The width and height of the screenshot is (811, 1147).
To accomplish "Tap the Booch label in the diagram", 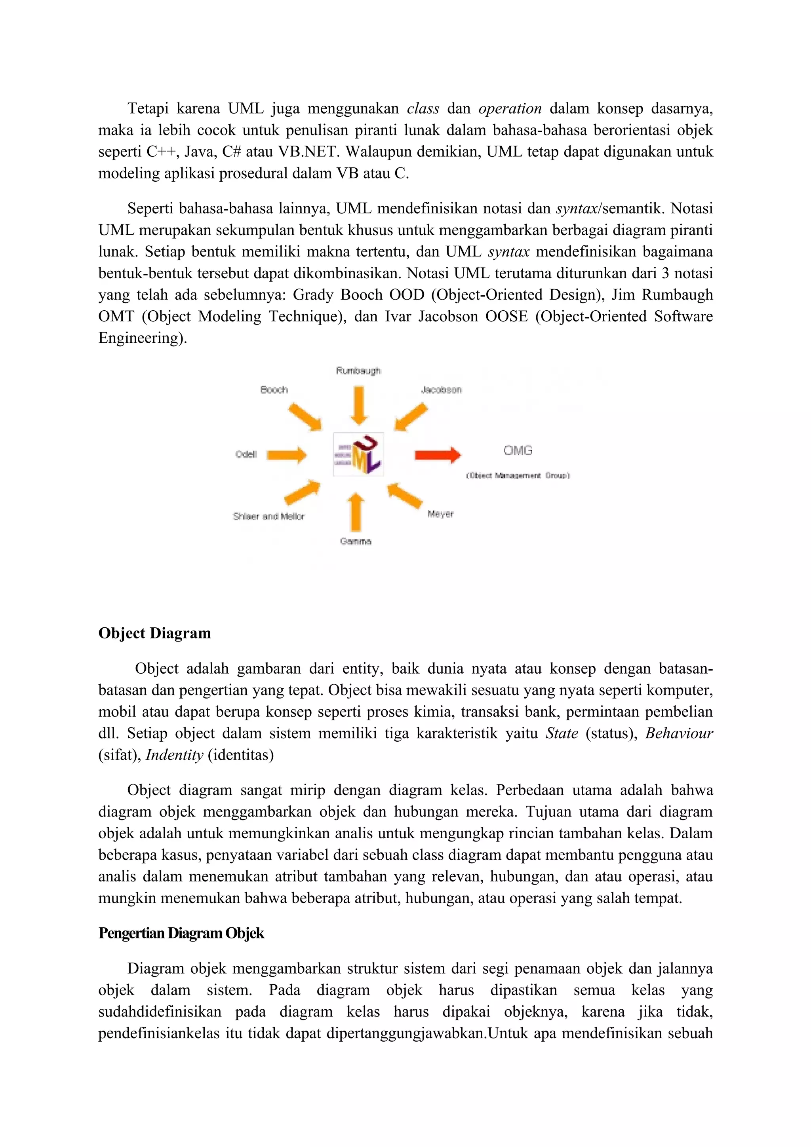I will coord(274,390).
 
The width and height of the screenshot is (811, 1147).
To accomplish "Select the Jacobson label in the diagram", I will coord(441,390).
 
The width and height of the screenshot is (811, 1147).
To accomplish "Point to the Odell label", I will coord(246,454).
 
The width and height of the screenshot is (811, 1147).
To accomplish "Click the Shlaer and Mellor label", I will coord(268,516).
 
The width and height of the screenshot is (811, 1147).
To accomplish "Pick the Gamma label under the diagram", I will coord(355,541).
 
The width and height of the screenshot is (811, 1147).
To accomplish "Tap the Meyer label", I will coord(440,514).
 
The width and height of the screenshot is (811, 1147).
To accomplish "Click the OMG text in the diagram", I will coord(518,450).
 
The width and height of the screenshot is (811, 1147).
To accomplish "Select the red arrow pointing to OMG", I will coord(438,455).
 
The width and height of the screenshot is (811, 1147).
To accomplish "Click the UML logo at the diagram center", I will coord(358,454).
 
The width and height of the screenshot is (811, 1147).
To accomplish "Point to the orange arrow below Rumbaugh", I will coord(359,406).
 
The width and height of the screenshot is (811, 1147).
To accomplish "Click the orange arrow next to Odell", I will coord(286,455).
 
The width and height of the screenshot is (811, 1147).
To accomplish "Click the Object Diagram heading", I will coord(154,633).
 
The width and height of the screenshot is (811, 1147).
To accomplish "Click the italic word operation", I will coord(510,108).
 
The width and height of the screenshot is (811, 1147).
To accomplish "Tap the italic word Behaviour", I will coord(679,733).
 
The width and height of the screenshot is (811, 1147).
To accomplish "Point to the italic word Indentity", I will coord(174,754).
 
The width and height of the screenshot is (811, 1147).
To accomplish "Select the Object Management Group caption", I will coord(518,476).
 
